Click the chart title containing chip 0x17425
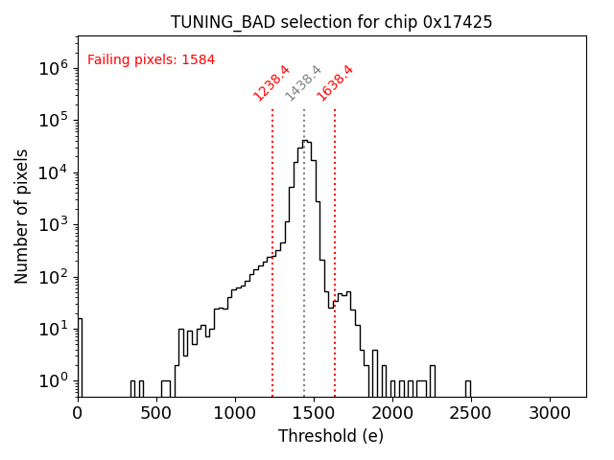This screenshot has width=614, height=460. pyautogui.click(x=331, y=22)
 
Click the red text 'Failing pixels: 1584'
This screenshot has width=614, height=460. pyautogui.click(x=151, y=59)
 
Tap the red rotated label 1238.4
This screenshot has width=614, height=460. pyautogui.click(x=272, y=82)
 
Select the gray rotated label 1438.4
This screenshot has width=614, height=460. pyautogui.click(x=303, y=82)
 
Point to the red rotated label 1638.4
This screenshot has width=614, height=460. pyautogui.click(x=335, y=82)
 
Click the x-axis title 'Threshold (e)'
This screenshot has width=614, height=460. pyautogui.click(x=331, y=436)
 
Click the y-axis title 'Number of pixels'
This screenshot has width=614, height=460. pyautogui.click(x=22, y=216)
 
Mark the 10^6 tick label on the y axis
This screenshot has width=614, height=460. pyautogui.click(x=52, y=69)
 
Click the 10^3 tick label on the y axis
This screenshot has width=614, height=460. pyautogui.click(x=52, y=225)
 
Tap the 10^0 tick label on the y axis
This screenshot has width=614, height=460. pyautogui.click(x=52, y=381)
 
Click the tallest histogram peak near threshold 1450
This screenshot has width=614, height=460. pyautogui.click(x=305, y=142)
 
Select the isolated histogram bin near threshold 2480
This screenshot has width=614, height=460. pyautogui.click(x=468, y=388)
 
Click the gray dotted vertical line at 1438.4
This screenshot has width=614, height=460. pyautogui.click(x=304, y=240)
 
